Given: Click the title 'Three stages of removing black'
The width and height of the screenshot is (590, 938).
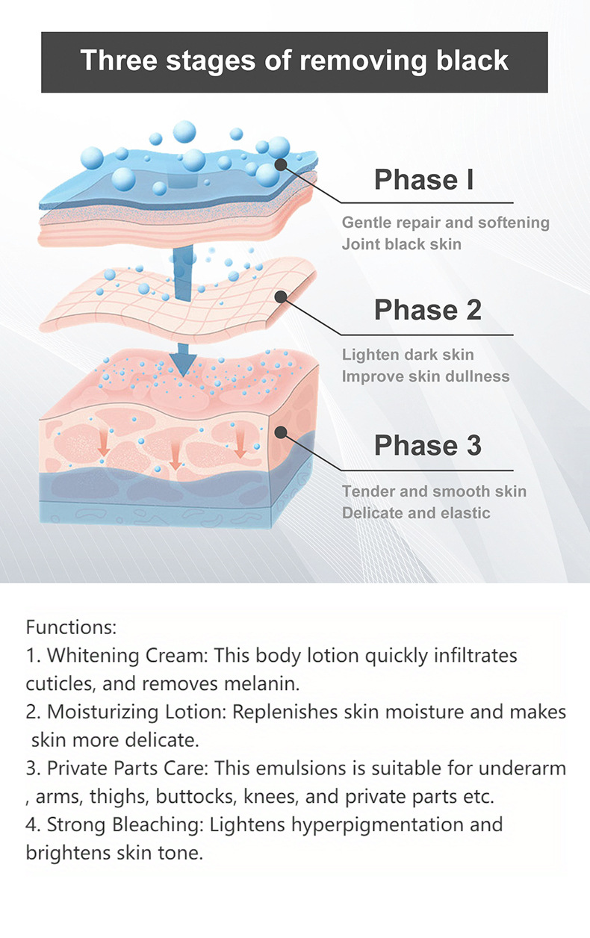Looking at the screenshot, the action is (x=294, y=60).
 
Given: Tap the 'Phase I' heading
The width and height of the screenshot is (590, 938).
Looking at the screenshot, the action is (x=423, y=180).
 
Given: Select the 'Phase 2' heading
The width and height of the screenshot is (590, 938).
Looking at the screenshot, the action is (x=427, y=310).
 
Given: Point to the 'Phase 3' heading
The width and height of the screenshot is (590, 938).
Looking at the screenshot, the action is (x=427, y=445).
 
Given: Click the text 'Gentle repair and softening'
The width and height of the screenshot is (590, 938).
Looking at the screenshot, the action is (x=445, y=223).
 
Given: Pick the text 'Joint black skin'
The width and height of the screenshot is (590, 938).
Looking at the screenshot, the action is (x=401, y=244).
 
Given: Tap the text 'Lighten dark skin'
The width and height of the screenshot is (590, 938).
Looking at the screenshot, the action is (x=407, y=355).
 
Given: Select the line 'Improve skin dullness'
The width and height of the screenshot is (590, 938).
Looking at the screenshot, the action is (x=426, y=376).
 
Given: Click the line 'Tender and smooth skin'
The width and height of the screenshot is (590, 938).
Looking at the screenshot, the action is (x=434, y=491).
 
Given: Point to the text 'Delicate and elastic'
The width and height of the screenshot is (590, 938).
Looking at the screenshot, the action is (x=416, y=513).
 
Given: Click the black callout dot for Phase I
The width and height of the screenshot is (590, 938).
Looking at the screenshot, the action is (x=281, y=166).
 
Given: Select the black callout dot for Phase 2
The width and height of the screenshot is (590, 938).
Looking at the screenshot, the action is (x=281, y=296).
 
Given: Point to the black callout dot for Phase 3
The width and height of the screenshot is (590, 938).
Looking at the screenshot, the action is (x=281, y=432).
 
